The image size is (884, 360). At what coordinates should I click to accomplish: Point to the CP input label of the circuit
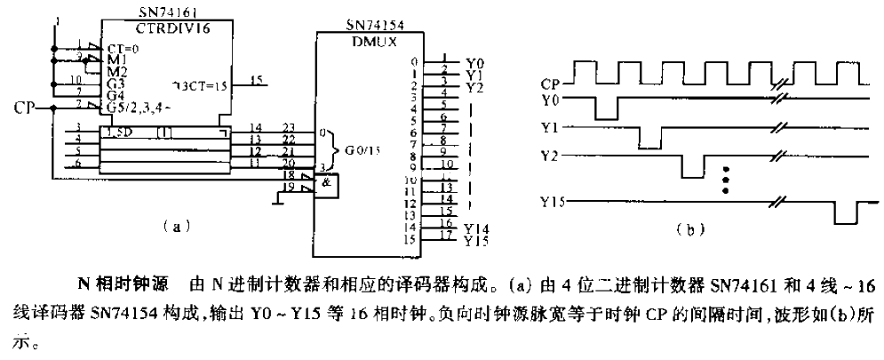pos(27,108)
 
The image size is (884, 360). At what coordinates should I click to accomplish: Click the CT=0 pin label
pos(122,48)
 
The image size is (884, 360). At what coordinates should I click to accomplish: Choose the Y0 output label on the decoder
pos(475,64)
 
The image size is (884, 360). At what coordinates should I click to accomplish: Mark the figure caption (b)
pos(685,228)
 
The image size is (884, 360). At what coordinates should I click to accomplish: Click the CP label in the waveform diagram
pos(550,84)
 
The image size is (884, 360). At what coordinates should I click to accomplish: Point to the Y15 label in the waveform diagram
pos(553,203)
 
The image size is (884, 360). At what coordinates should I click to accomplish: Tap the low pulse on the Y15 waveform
pos(844,214)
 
